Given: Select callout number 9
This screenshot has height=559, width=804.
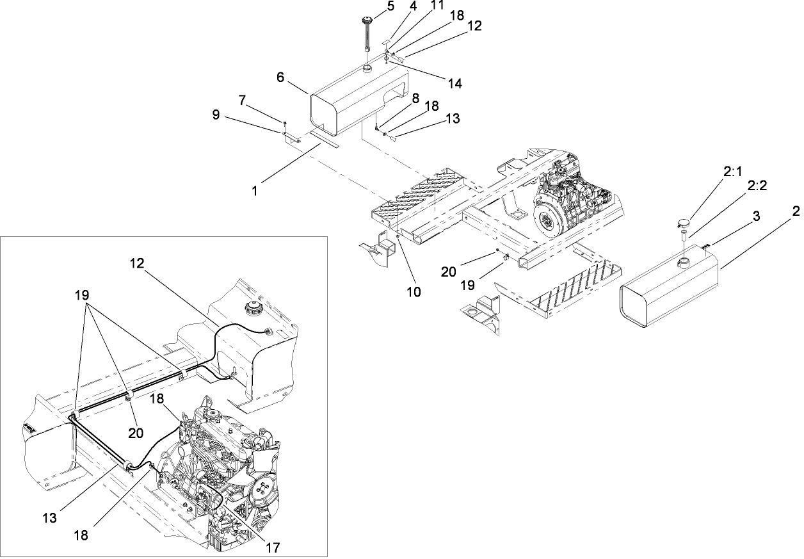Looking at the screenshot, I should click(x=216, y=114).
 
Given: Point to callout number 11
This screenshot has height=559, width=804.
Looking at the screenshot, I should click(x=437, y=6).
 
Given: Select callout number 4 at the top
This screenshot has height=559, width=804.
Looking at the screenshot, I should click(x=414, y=8).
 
